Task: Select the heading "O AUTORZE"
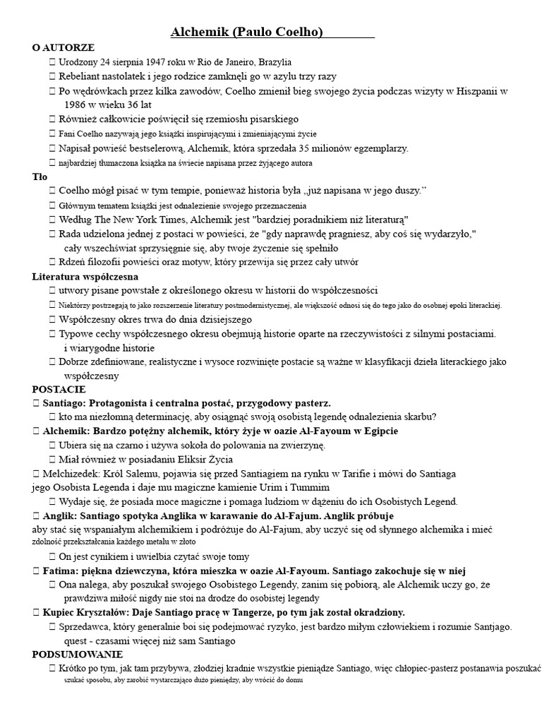[64, 47]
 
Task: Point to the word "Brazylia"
[272, 62]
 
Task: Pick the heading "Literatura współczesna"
[85, 276]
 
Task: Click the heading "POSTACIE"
[59, 389]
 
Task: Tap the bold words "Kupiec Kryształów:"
[90, 613]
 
